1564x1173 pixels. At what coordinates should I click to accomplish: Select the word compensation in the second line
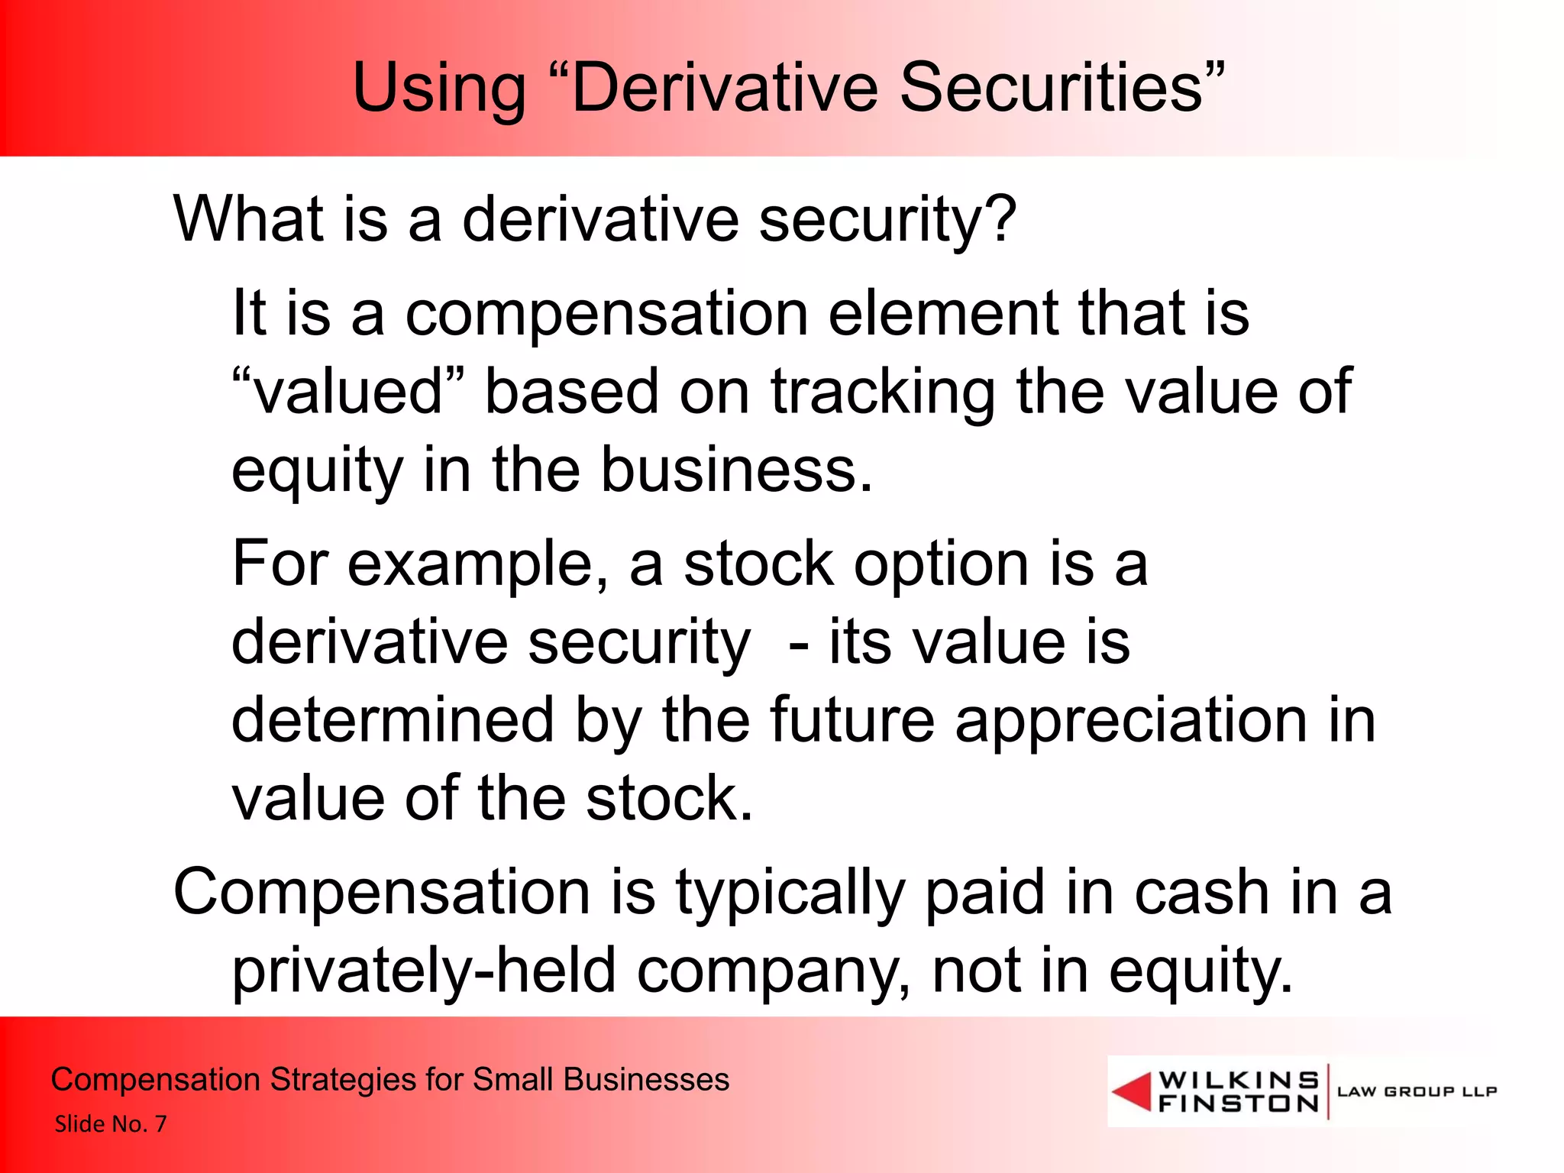point(606,314)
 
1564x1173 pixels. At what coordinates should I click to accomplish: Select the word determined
point(393,720)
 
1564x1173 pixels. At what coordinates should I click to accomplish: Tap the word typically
point(790,893)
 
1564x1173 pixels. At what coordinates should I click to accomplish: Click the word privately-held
point(424,971)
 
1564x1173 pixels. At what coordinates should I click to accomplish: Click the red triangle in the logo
point(1132,1091)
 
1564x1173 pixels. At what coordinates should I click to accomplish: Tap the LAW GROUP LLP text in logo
point(1417,1091)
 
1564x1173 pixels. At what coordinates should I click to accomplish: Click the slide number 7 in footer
point(160,1123)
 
